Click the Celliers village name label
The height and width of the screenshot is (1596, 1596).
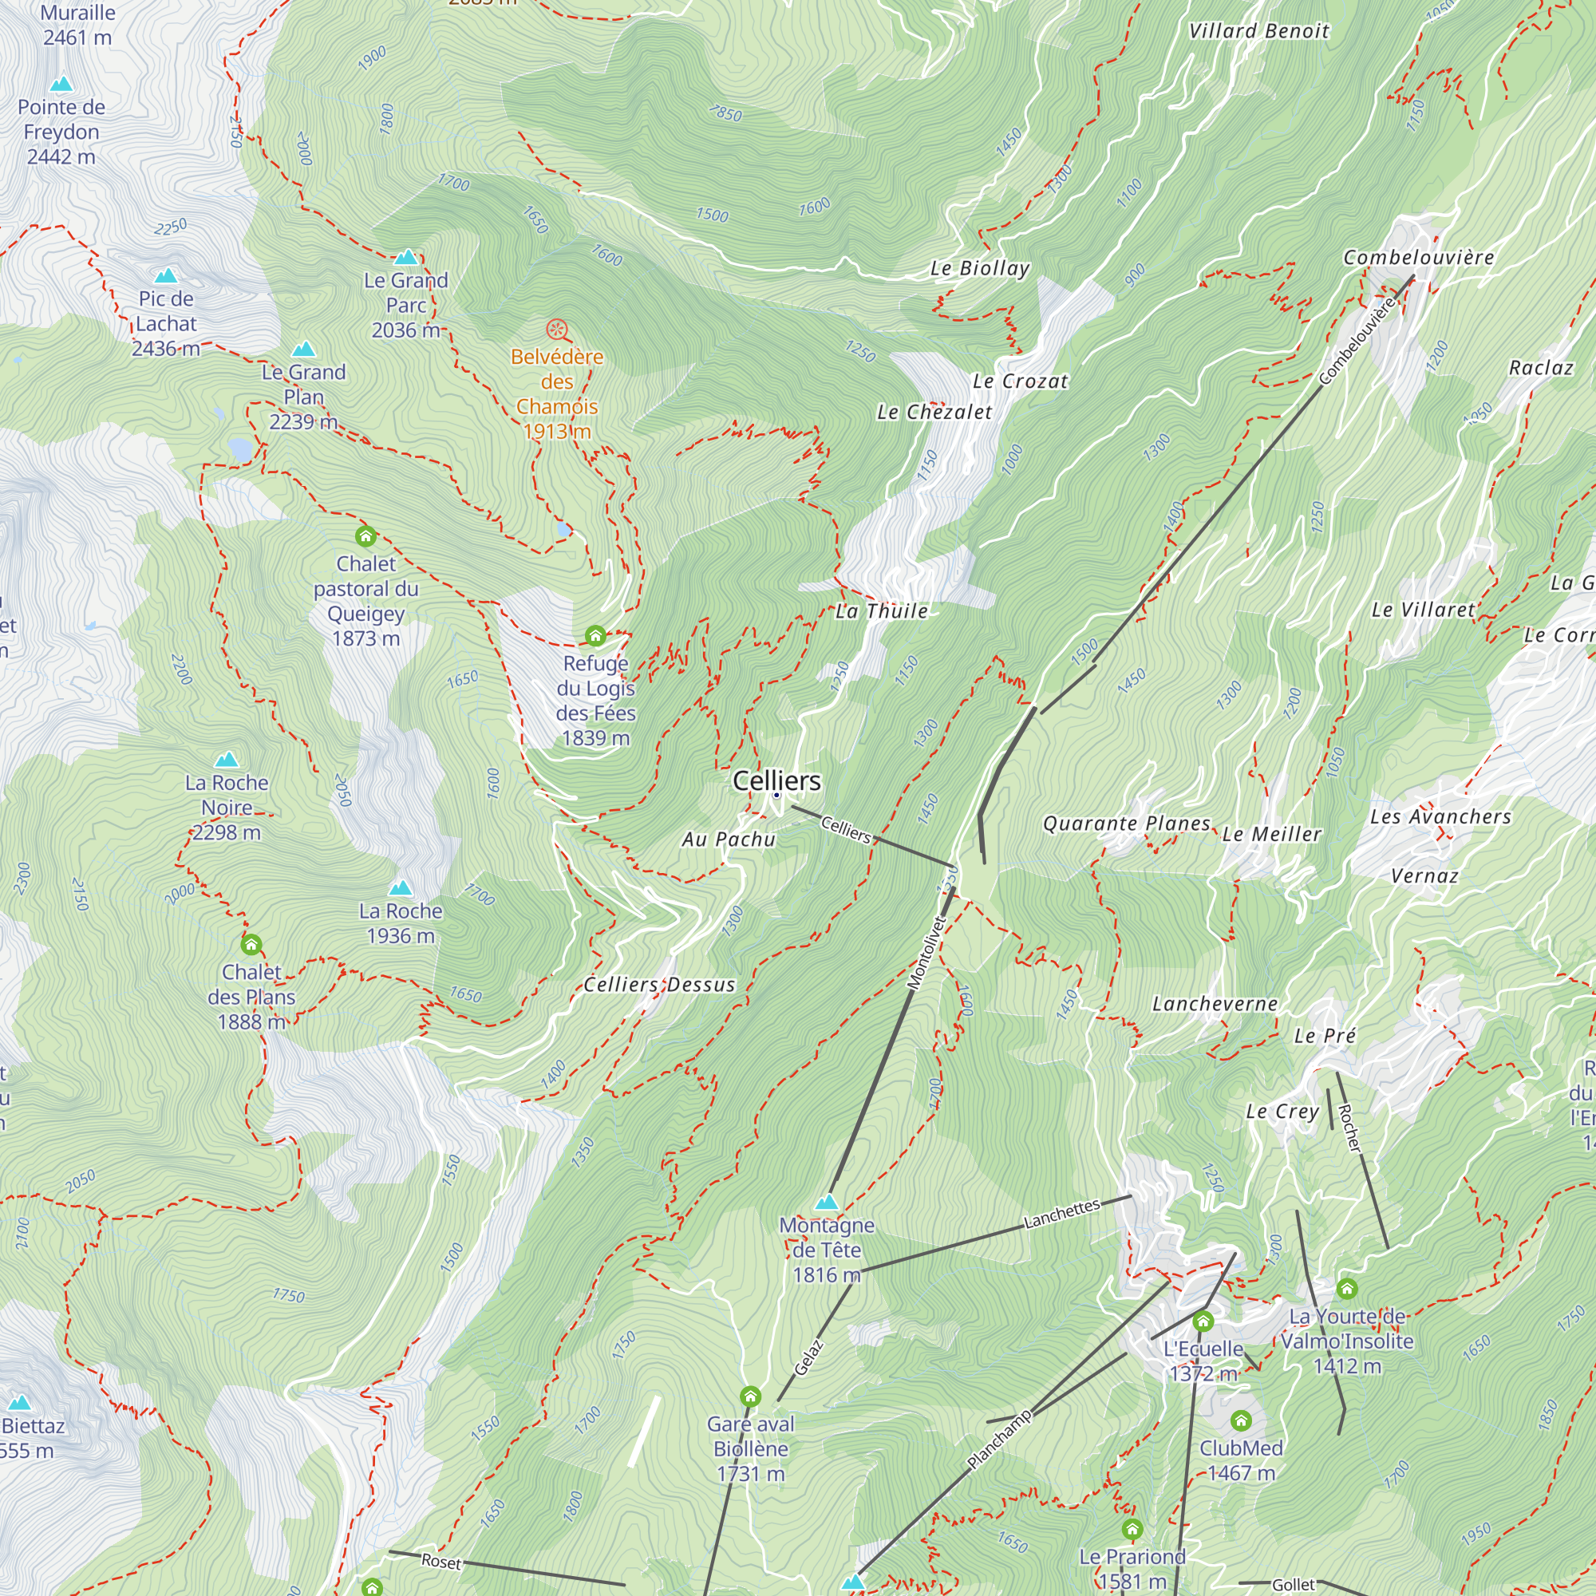point(776,780)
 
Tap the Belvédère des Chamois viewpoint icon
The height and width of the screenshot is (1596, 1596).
point(558,330)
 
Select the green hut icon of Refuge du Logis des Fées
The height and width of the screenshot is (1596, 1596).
point(595,635)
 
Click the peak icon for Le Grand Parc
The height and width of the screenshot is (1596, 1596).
point(405,257)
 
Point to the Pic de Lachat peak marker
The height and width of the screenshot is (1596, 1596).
point(166,276)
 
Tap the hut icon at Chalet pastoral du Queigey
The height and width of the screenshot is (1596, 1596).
point(365,537)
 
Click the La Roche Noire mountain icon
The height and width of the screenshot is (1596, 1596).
point(227,759)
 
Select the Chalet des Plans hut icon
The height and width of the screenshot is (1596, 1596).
point(251,944)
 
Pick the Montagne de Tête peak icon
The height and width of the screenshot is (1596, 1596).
point(826,1202)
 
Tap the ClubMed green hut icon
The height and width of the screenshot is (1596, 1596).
point(1241,1421)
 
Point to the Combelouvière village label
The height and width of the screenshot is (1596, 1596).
point(1418,258)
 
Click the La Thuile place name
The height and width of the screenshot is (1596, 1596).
point(882,611)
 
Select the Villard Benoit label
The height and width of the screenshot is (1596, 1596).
point(1258,31)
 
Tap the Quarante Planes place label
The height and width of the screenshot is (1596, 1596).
point(1126,824)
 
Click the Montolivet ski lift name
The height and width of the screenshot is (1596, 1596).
point(926,952)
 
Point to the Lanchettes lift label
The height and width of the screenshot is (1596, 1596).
point(1061,1214)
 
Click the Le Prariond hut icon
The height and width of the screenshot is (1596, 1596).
point(1132,1529)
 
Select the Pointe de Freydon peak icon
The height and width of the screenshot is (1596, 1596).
point(61,85)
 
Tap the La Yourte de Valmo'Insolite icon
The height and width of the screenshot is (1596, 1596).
point(1346,1289)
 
